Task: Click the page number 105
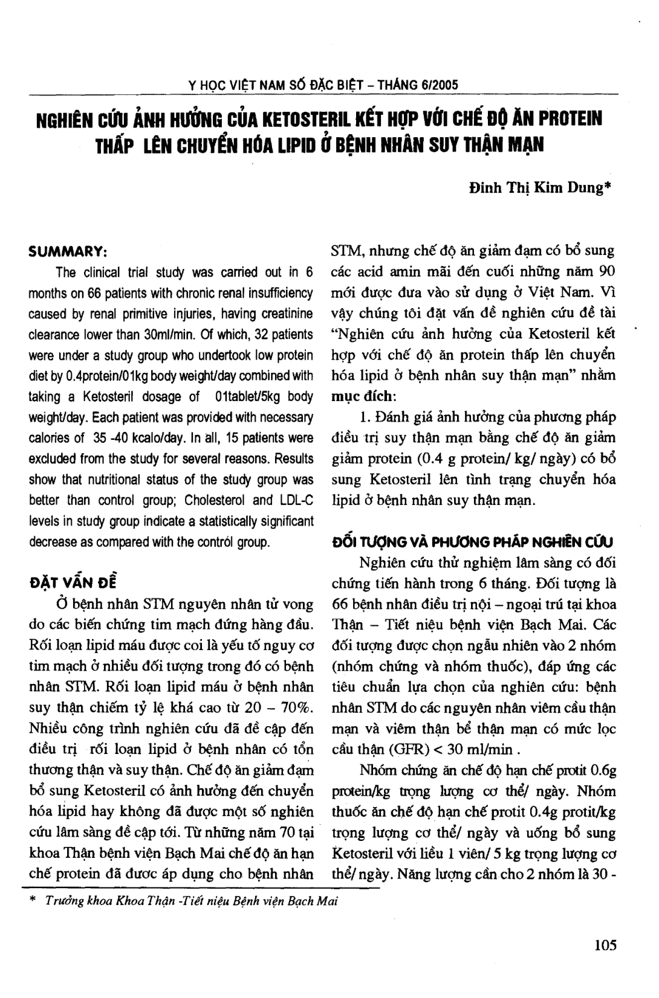(605, 945)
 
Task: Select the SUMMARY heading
(68, 251)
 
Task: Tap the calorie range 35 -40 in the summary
(112, 438)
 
